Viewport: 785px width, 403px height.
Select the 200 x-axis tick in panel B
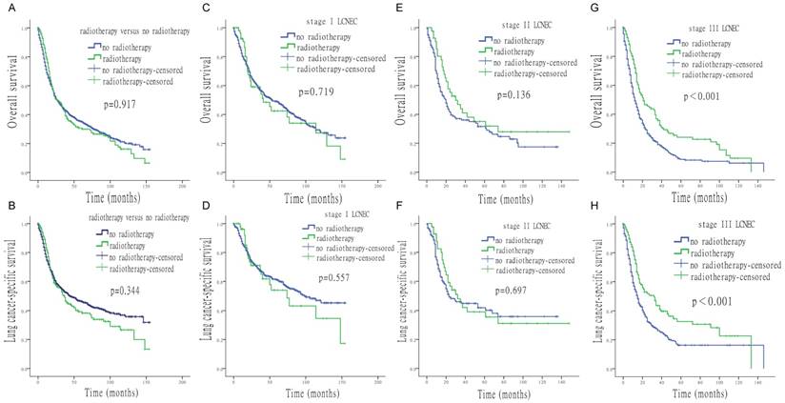pos(181,380)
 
